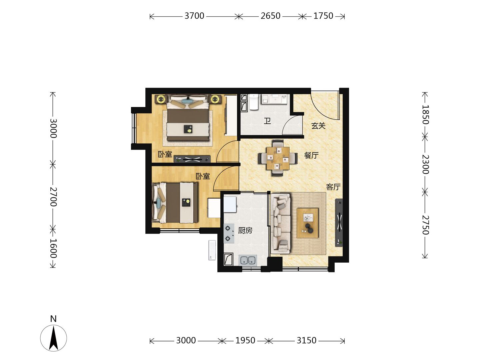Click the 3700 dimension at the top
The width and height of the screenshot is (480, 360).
pyautogui.click(x=194, y=16)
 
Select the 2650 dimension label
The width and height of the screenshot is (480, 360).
pyautogui.click(x=270, y=16)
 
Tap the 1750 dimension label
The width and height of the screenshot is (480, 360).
pyautogui.click(x=323, y=16)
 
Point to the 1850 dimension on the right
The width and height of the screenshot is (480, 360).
pyautogui.click(x=425, y=115)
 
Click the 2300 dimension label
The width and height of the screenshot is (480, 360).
pyautogui.click(x=425, y=164)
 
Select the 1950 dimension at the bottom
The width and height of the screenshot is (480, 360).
pyautogui.click(x=245, y=341)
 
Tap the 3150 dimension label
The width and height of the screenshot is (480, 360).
pyautogui.click(x=306, y=341)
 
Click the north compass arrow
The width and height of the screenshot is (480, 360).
pyautogui.click(x=54, y=338)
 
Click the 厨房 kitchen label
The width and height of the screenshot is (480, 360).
pyautogui.click(x=245, y=230)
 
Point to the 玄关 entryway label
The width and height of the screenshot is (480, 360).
pyautogui.click(x=318, y=126)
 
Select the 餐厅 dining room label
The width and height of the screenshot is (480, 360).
pyautogui.click(x=311, y=155)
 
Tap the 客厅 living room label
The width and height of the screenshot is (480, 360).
pyautogui.click(x=333, y=187)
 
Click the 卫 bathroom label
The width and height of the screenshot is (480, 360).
pyautogui.click(x=267, y=121)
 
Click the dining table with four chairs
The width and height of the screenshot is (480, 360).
pyautogui.click(x=278, y=158)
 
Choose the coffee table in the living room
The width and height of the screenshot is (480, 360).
pyautogui.click(x=307, y=223)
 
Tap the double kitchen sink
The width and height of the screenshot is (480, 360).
pyautogui.click(x=248, y=260)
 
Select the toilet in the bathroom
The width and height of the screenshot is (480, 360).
pyautogui.click(x=254, y=102)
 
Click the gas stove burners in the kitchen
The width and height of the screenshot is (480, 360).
pyautogui.click(x=229, y=233)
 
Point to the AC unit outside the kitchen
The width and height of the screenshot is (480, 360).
pyautogui.click(x=212, y=250)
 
